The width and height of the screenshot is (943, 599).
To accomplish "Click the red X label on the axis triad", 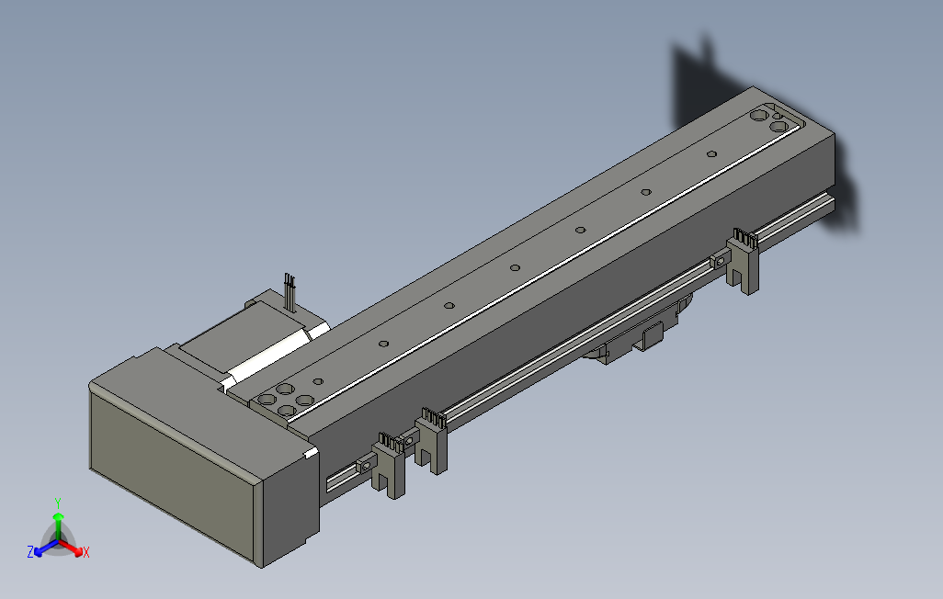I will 85,552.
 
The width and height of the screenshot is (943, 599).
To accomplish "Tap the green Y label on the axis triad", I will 57,503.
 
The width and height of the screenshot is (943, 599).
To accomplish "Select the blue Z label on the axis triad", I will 30,552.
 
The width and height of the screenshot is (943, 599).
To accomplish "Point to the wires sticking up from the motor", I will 290,289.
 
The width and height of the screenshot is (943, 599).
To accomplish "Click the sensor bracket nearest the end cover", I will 390,465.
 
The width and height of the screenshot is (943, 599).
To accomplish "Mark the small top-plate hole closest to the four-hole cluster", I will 318,381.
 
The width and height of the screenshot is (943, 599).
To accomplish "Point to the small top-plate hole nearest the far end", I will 712,153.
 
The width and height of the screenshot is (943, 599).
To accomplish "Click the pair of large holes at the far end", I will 767,119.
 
